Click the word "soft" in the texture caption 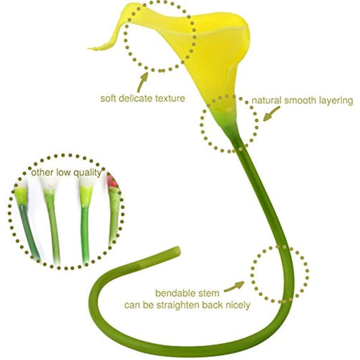tap(109, 97)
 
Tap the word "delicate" tap(139, 97)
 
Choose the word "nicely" tap(238, 304)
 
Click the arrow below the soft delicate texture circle tap(143, 79)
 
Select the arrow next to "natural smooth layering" tap(271, 112)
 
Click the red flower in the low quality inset tap(111, 179)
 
